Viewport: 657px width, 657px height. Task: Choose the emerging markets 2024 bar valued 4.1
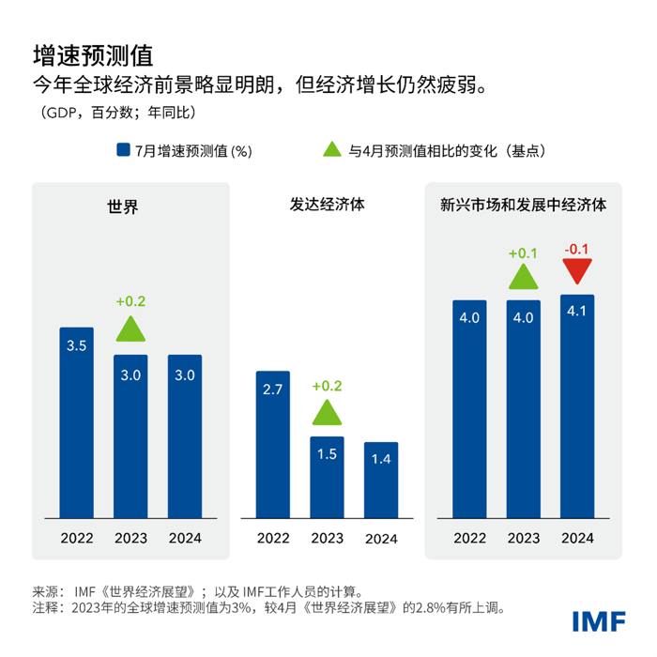tap(577, 405)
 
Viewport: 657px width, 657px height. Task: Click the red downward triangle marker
tap(577, 272)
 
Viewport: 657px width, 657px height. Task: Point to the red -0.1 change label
tap(576, 250)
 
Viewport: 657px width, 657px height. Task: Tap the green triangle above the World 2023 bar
tap(131, 328)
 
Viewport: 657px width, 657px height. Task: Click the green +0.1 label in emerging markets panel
tap(524, 253)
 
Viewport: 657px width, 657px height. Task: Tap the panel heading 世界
tap(123, 206)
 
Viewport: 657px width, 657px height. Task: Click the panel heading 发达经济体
tap(327, 203)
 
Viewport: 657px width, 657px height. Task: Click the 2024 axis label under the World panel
tap(184, 539)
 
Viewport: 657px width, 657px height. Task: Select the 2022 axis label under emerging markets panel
tap(469, 539)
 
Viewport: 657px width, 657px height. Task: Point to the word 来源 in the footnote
tap(46, 591)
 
